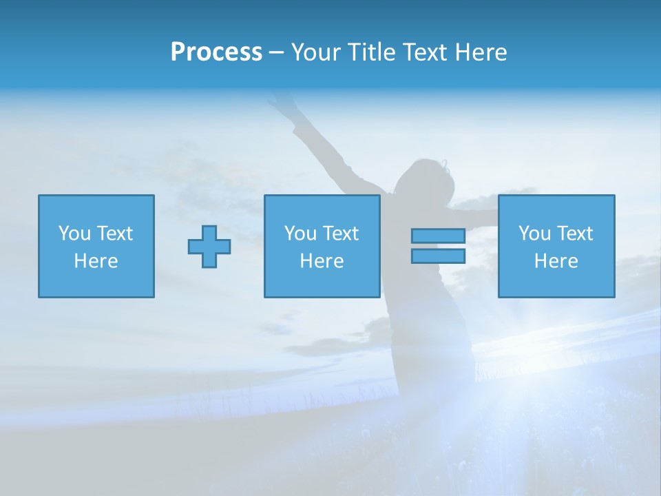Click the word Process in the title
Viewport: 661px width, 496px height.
pyautogui.click(x=216, y=52)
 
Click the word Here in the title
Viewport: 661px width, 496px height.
pyautogui.click(x=482, y=52)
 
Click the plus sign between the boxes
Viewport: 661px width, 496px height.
pyautogui.click(x=209, y=247)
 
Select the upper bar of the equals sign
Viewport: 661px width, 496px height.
pyautogui.click(x=438, y=236)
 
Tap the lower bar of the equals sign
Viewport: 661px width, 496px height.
pyautogui.click(x=438, y=256)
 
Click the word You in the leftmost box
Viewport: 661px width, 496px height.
pyautogui.click(x=74, y=234)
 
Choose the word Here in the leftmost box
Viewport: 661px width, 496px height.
pyautogui.click(x=96, y=261)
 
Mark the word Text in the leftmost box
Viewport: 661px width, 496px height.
pyautogui.click(x=115, y=234)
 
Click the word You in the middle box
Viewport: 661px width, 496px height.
pyautogui.click(x=300, y=234)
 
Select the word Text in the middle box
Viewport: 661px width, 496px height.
pyautogui.click(x=341, y=234)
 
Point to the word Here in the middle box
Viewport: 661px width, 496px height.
pyautogui.click(x=322, y=261)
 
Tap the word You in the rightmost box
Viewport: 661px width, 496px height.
pyautogui.click(x=534, y=234)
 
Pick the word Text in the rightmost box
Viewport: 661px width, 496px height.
pyautogui.click(x=575, y=234)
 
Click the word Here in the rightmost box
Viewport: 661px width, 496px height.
pyautogui.click(x=556, y=261)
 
